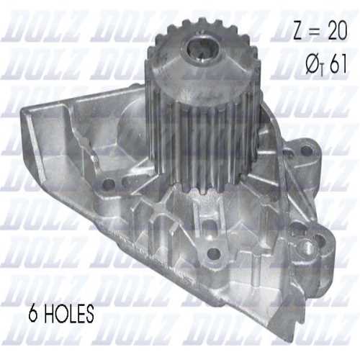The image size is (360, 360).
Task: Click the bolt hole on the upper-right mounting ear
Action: click(x=307, y=152)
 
